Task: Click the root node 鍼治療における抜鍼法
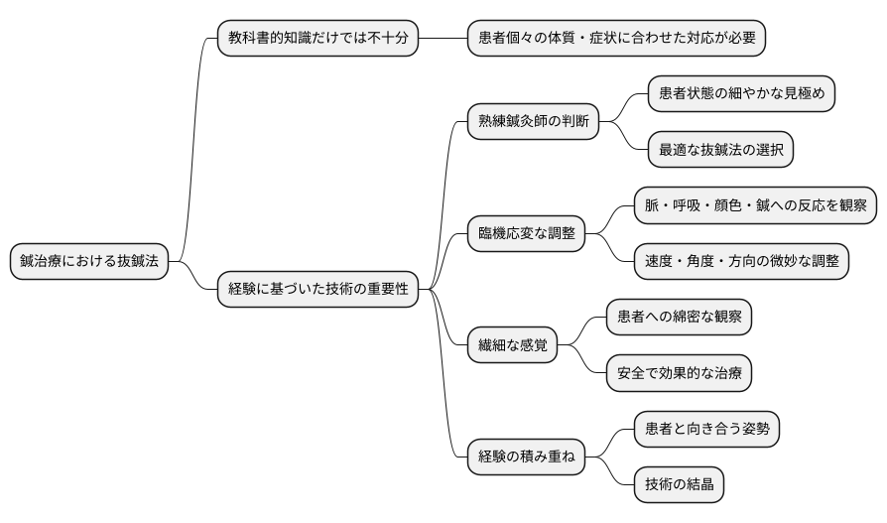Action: point(89,263)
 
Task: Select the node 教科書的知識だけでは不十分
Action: point(317,39)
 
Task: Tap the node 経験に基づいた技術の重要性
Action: point(317,291)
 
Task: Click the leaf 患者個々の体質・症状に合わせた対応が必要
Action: point(616,39)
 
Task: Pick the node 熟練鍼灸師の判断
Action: point(534,122)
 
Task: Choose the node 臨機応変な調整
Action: point(526,235)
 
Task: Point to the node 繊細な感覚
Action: point(513,346)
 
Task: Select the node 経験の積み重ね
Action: point(526,458)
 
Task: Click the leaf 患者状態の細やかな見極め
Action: point(741,94)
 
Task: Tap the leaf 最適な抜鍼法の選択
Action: point(720,150)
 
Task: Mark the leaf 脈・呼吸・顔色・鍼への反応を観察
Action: point(755,205)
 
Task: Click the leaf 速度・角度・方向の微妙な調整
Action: point(741,261)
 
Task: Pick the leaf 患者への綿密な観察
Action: point(679,318)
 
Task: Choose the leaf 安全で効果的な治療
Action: point(679,374)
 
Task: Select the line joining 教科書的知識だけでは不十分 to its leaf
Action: point(443,39)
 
